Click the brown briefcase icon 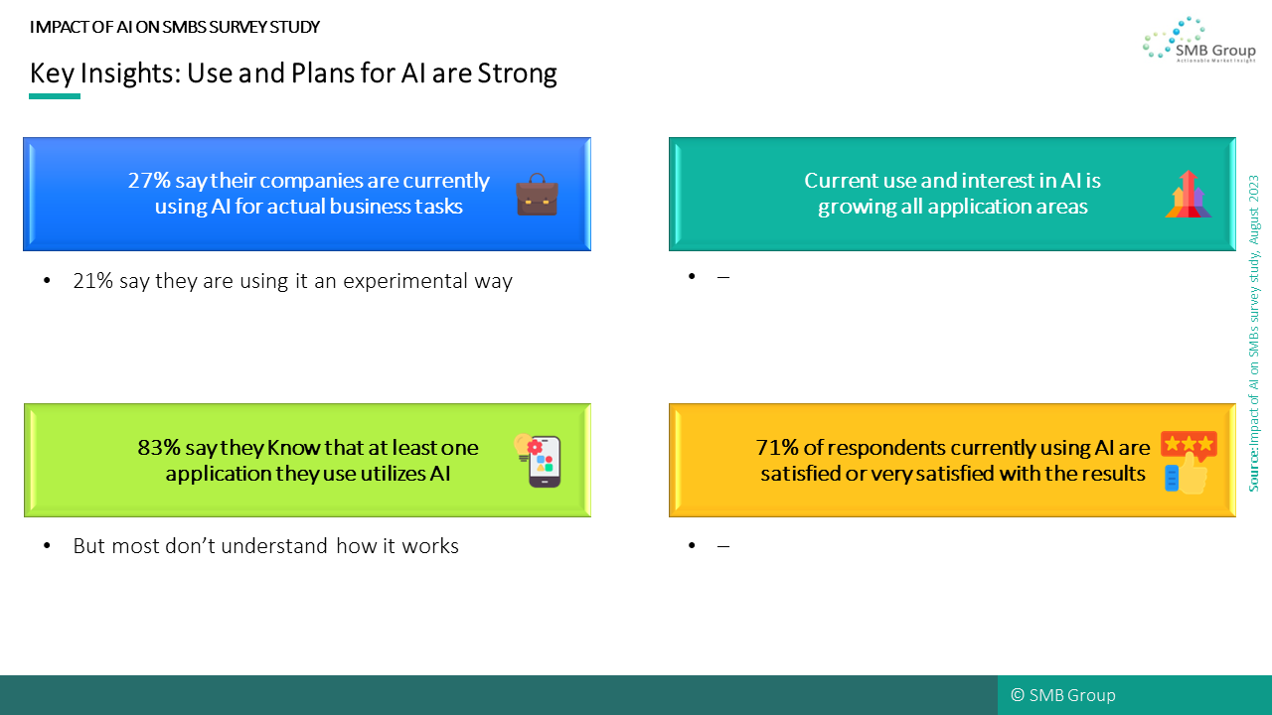537,195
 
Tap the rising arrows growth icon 1188,194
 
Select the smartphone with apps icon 538,460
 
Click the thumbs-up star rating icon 1189,462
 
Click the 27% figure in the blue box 149,181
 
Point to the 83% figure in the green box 158,448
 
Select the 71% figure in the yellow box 777,448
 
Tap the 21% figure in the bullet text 93,281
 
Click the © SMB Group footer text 1063,695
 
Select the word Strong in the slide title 517,73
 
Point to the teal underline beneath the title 55,96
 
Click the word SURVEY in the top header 238,27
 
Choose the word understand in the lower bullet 274,546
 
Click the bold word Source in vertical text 1253,470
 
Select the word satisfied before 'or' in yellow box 800,474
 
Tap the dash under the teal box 722,277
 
